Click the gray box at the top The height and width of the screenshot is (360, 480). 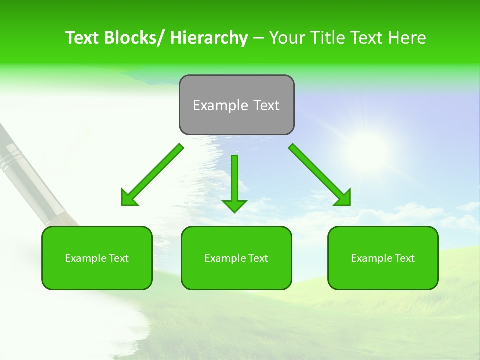pyautogui.click(x=236, y=105)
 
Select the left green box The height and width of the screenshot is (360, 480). pyautogui.click(x=97, y=258)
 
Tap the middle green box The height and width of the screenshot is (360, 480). pyautogui.click(x=236, y=258)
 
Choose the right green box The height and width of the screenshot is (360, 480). pyautogui.click(x=383, y=258)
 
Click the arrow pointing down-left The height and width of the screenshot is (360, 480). pyautogui.click(x=152, y=175)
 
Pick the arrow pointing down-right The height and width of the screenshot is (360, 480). pyautogui.click(x=320, y=175)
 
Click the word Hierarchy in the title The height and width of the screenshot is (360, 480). pyautogui.click(x=208, y=38)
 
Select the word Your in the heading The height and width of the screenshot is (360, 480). pyautogui.click(x=286, y=38)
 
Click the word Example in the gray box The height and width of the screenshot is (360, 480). pyautogui.click(x=213, y=105)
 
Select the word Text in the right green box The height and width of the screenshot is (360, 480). pyautogui.click(x=404, y=258)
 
